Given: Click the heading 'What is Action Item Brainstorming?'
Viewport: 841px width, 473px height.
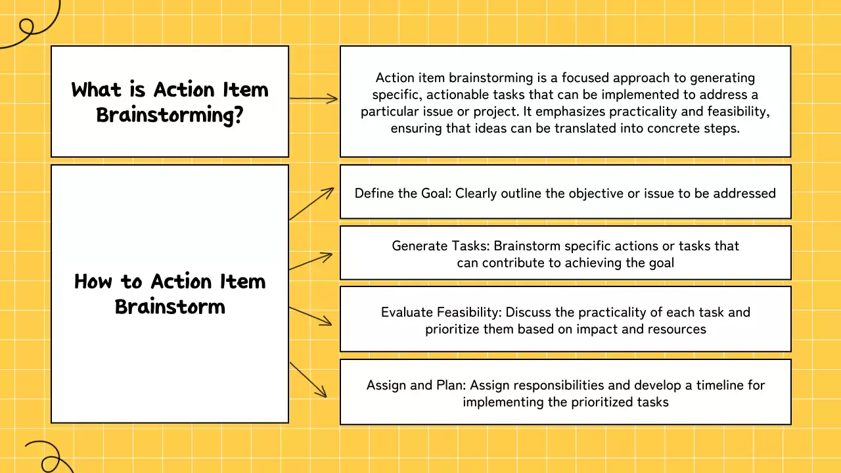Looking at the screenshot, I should tap(170, 102).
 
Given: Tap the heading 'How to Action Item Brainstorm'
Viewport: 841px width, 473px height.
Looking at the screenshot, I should tap(170, 294).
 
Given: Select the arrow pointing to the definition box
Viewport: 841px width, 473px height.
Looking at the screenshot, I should tap(313, 99).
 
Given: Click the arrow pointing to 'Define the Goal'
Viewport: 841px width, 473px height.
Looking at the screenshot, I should tap(312, 204).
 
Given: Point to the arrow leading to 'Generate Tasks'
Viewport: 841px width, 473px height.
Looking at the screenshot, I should tap(311, 261).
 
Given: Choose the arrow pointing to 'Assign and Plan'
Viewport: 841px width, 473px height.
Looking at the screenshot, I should tap(308, 379).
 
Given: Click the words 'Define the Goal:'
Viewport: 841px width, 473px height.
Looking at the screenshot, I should tap(403, 193).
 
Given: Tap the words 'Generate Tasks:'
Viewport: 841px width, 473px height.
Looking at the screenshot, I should tap(440, 246).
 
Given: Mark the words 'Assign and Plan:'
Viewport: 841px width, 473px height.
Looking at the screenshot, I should tap(416, 385).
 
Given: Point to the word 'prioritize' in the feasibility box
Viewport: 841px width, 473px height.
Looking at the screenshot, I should tap(453, 329).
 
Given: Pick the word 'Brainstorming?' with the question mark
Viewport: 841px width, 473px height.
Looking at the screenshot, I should tap(170, 114).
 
